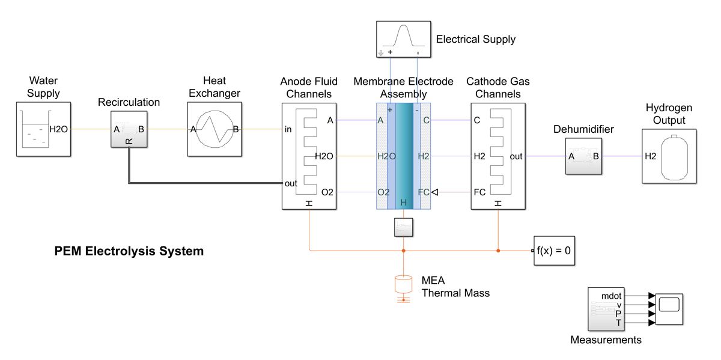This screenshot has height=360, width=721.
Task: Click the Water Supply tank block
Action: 43,129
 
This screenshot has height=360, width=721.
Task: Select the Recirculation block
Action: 129,129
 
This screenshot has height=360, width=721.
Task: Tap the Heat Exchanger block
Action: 214,129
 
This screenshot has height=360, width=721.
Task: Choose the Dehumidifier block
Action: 583,156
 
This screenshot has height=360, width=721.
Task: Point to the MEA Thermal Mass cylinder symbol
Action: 404,285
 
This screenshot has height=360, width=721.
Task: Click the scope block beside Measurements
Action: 669,309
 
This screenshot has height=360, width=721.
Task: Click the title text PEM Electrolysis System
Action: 129,251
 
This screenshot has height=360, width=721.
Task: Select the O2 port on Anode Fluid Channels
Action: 327,192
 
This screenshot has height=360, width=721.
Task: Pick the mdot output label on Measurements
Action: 612,295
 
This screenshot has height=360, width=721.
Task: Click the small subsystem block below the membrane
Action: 404,228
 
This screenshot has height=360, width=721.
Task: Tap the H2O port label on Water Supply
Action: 59,129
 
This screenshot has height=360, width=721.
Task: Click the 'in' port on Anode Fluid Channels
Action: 289,129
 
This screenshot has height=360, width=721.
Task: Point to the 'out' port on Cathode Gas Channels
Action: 516,156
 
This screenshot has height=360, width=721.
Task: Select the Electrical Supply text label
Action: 475,40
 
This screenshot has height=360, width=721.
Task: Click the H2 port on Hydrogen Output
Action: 651,156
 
